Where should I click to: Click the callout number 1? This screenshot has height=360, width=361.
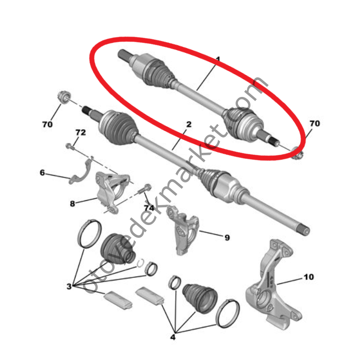click(x=218, y=59)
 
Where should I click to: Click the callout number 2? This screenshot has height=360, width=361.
click(x=189, y=125)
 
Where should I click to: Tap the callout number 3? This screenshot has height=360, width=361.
click(x=69, y=286)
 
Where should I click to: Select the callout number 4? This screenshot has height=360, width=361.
click(x=173, y=337)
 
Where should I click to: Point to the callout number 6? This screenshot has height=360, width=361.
click(x=42, y=173)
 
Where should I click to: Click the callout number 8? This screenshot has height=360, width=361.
click(x=72, y=204)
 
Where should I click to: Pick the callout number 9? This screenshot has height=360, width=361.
click(x=227, y=237)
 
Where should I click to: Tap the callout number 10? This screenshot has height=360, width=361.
click(x=309, y=277)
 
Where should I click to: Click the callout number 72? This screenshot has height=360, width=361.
click(x=80, y=133)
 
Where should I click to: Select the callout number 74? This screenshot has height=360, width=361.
click(x=149, y=208)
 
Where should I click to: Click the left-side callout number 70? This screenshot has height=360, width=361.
click(x=47, y=125)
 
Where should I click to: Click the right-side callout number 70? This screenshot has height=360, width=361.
click(x=315, y=124)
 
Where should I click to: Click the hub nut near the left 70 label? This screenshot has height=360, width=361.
click(x=63, y=97)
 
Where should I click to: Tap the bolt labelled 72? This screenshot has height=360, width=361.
click(x=70, y=146)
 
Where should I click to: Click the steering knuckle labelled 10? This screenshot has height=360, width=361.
click(x=274, y=286)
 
